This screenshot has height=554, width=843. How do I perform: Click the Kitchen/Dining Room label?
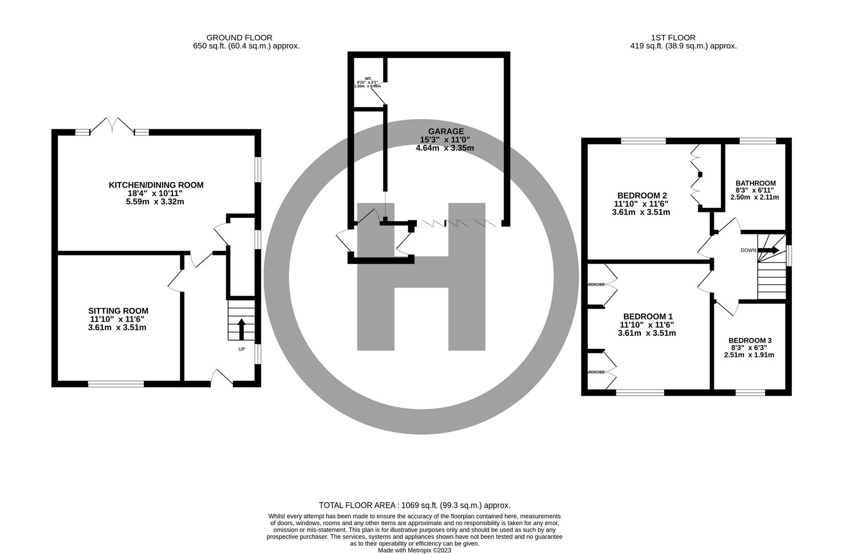coord(156,185)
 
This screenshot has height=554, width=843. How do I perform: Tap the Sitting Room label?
coord(118,311)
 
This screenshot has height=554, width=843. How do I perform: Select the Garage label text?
coord(445,131)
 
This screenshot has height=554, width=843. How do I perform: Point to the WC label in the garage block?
coord(368,78)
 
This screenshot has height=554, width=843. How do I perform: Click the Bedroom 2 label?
coord(641,195)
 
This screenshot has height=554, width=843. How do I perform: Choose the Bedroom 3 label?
coord(750,341)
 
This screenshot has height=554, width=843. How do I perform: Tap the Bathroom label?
coord(755,183)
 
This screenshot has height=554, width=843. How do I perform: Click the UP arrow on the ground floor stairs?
coord(241,328)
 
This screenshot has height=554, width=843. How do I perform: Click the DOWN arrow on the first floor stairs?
coord(769,250)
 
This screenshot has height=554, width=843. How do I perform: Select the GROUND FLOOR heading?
coord(239,37)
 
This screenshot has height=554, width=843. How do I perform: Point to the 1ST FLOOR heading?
coord(673,37)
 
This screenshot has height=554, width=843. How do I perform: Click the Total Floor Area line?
coord(414,505)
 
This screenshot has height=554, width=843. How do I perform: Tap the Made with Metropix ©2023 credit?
coord(414,550)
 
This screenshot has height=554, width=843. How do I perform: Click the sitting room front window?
coord(116,383)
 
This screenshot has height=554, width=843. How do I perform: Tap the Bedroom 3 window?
coord(750,392)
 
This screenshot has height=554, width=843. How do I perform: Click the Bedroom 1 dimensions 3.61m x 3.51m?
coord(647,333)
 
